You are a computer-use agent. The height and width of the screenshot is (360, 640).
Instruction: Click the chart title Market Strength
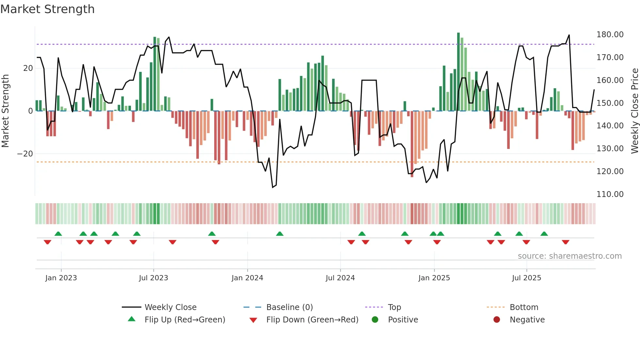click(48, 9)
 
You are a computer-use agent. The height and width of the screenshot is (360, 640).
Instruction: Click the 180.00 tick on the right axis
click(610, 35)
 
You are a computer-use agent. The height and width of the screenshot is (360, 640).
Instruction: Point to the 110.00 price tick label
click(610, 194)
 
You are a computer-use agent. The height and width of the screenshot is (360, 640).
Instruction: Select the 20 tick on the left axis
click(28, 68)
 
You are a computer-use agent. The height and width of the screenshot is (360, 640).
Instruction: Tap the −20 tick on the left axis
click(25, 154)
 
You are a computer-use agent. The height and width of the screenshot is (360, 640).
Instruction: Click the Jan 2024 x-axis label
click(247, 278)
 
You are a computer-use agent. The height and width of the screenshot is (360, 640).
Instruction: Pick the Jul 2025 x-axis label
click(526, 278)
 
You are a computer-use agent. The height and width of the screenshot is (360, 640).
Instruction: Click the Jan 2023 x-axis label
click(61, 278)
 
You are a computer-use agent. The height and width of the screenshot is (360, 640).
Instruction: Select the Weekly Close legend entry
click(170, 307)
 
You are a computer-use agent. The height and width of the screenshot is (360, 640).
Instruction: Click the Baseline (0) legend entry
click(289, 307)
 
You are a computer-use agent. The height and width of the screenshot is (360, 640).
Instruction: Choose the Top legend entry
click(394, 307)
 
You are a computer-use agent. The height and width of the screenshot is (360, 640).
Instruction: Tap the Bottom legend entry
click(524, 307)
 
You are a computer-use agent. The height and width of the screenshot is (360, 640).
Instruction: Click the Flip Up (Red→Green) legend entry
click(184, 320)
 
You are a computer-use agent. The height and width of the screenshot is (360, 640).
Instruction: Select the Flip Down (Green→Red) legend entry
click(312, 320)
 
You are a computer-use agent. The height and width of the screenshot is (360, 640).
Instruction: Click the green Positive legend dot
click(375, 320)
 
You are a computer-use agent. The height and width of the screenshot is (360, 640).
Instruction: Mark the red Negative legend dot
click(497, 320)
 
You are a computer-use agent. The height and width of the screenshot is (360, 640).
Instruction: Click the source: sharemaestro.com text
click(569, 256)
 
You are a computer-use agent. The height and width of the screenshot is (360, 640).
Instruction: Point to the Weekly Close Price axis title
click(634, 111)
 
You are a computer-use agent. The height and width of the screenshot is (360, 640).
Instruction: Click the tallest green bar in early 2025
click(458, 72)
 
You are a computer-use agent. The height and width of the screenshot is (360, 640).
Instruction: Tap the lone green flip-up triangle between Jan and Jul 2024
click(280, 234)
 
